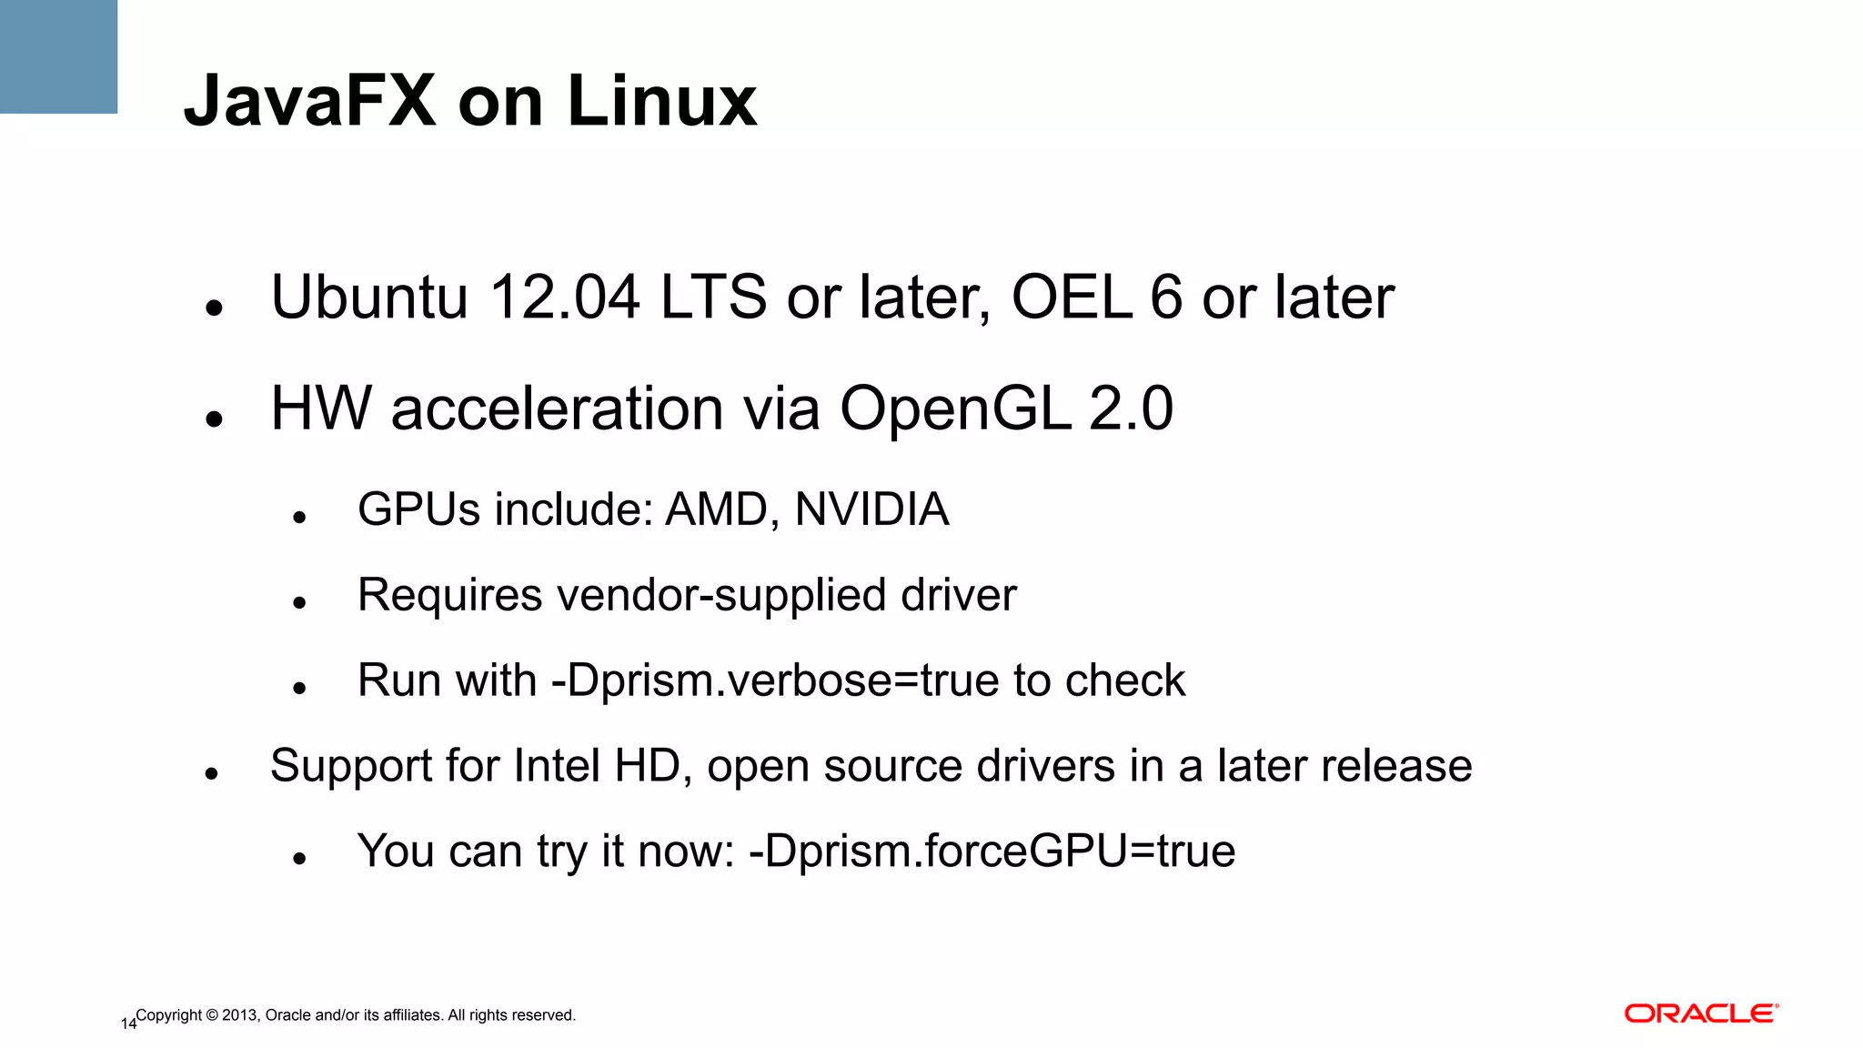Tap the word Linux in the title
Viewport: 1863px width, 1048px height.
(661, 100)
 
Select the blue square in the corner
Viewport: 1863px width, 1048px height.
(58, 56)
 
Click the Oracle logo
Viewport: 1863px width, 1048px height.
(1701, 1013)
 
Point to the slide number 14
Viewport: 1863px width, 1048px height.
(128, 1024)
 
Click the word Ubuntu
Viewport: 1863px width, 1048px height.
(369, 297)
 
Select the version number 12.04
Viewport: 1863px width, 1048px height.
(564, 297)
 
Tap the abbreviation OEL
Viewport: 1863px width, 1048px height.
(1072, 297)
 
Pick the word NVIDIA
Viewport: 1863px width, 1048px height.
(871, 509)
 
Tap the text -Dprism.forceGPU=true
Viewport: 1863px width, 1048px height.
(992, 851)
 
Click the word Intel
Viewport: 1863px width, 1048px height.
(557, 766)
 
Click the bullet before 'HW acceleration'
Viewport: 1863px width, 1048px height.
(215, 419)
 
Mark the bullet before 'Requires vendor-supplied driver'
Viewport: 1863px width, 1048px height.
(299, 603)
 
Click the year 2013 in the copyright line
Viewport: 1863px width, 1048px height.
(239, 1015)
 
